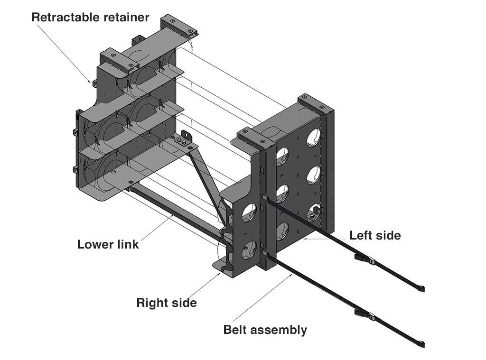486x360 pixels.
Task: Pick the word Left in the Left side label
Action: pos(361,235)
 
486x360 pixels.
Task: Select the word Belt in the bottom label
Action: pos(236,330)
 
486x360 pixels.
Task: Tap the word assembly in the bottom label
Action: pos(280,330)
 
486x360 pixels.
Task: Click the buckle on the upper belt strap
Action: pos(365,258)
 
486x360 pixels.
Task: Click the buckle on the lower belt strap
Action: pos(365,314)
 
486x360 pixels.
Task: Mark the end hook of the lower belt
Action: pos(421,343)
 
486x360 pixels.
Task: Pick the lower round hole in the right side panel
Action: pos(249,249)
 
